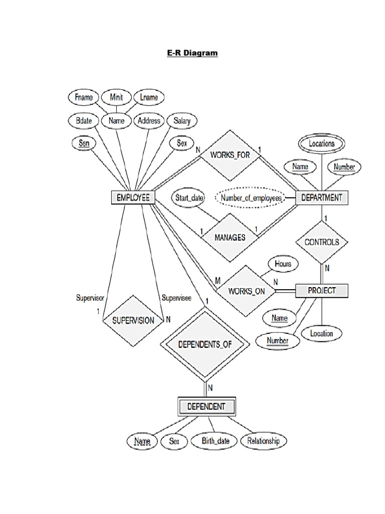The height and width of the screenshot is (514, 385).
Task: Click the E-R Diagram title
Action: point(192,52)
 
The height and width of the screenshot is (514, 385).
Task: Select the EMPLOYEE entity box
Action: point(133,198)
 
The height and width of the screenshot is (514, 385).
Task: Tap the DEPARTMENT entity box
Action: point(321,197)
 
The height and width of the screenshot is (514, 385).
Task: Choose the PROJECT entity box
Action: point(321,291)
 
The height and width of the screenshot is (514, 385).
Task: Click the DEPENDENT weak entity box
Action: point(206,407)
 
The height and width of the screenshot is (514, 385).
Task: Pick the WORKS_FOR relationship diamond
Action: point(230,155)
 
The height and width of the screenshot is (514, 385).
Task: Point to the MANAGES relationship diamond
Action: point(230,237)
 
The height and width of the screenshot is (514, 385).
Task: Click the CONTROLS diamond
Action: point(321,242)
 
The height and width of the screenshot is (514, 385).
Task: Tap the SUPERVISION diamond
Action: point(133,320)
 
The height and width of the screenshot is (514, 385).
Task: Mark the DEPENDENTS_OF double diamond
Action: point(206,345)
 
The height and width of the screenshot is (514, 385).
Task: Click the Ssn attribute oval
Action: point(84,144)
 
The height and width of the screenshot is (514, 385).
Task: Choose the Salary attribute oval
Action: point(182,120)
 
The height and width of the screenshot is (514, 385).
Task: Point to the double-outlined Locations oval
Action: point(321,144)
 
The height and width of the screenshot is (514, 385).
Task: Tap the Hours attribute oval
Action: point(283,264)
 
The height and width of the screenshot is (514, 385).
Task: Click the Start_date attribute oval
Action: point(189,198)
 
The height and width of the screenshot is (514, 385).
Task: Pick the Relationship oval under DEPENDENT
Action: point(264,441)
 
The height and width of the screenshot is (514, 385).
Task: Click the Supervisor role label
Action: point(90,298)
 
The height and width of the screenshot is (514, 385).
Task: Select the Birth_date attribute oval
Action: point(216,441)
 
